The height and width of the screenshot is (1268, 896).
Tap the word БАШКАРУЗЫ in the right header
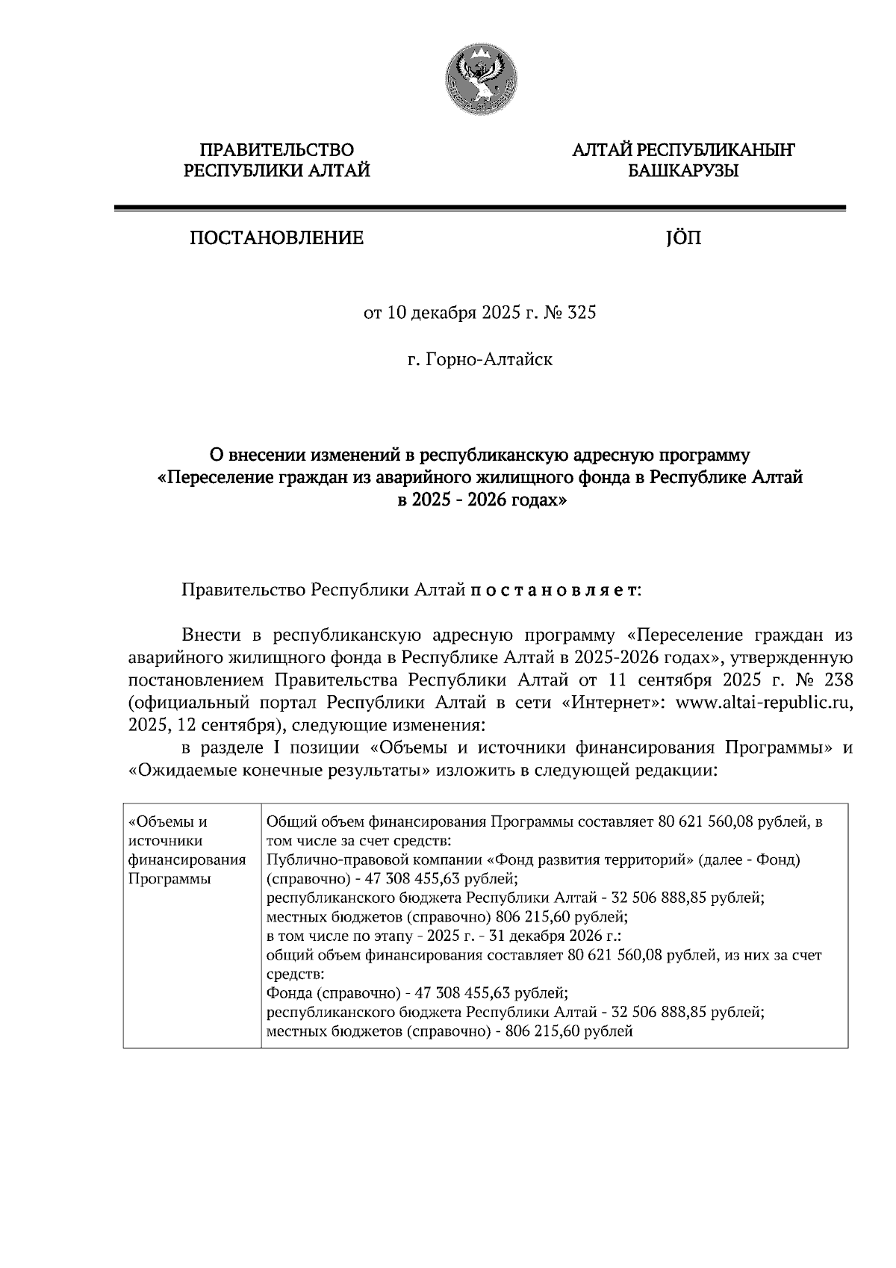(x=682, y=172)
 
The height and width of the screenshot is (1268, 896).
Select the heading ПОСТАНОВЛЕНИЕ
(x=276, y=238)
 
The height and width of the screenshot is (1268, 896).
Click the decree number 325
(x=582, y=313)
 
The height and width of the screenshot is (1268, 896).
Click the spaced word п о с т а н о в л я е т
(x=554, y=591)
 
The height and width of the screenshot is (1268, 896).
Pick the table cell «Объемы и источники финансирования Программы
(x=187, y=850)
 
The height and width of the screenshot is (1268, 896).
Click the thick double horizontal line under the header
(x=479, y=209)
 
